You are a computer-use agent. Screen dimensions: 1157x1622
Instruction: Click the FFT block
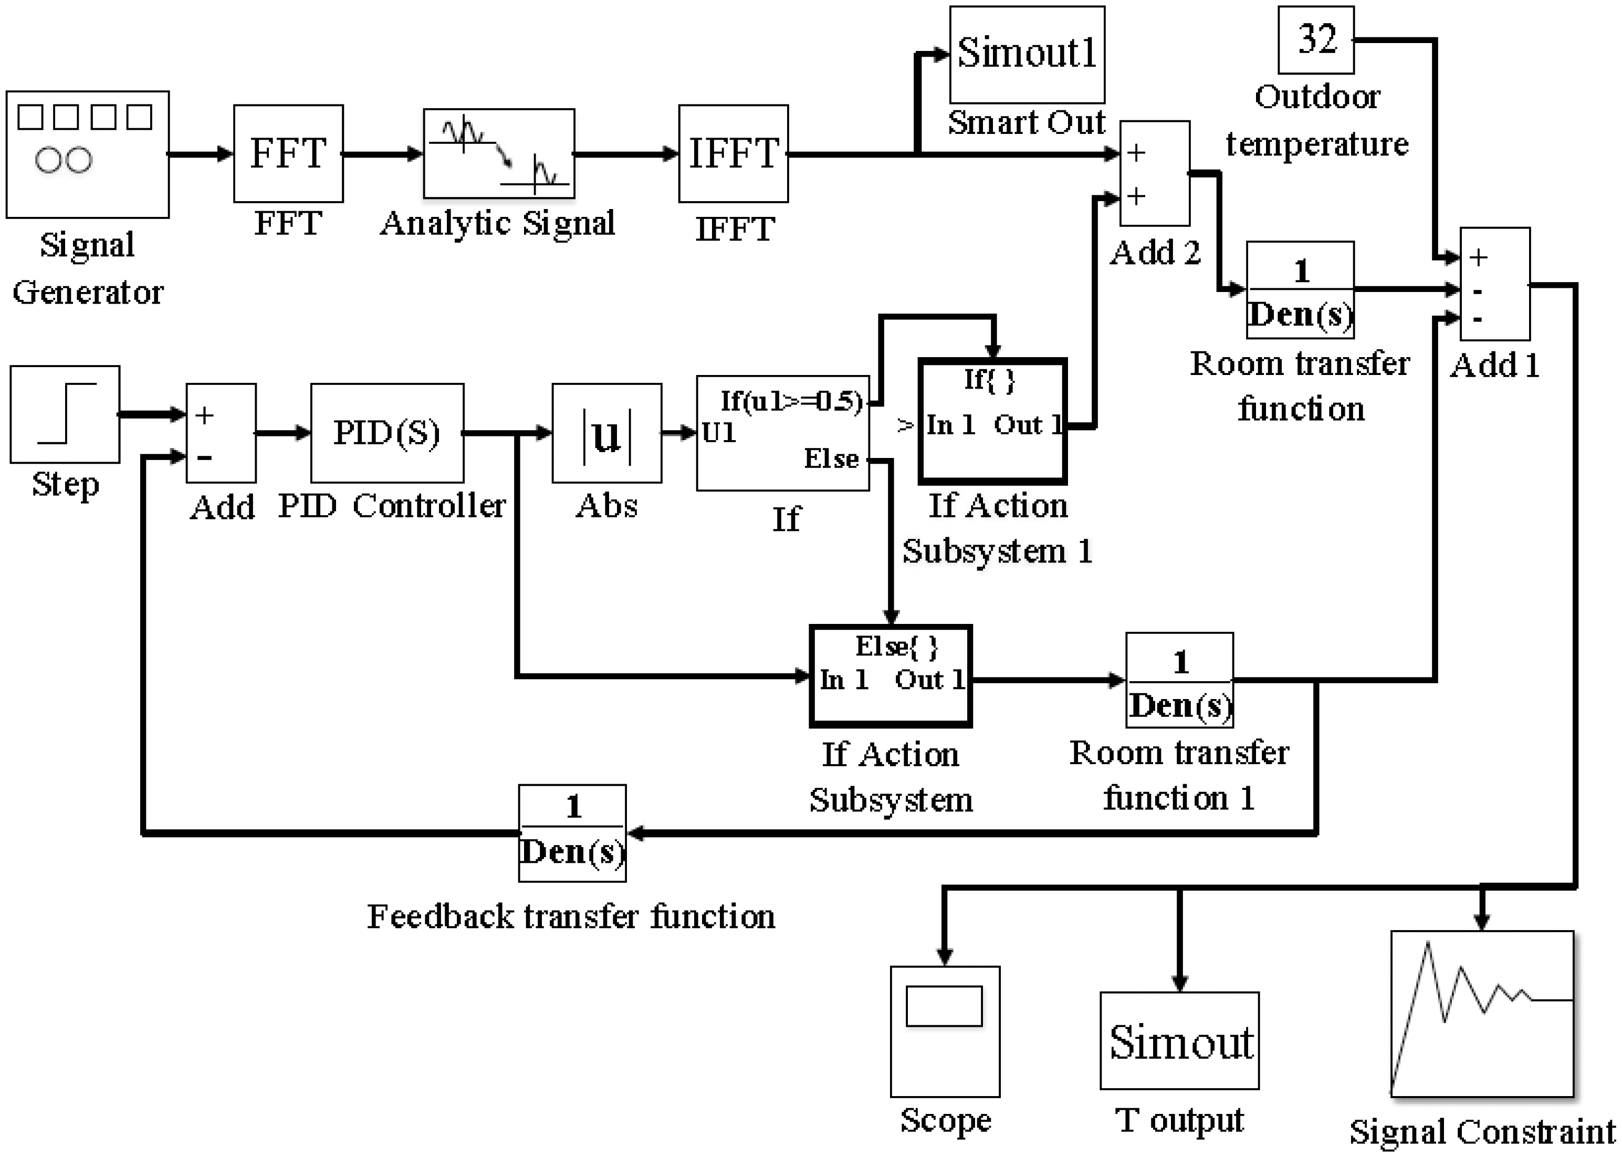point(288,153)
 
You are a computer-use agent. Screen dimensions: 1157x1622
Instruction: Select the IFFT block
point(733,153)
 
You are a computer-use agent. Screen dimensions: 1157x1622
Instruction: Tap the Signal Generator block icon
point(88,154)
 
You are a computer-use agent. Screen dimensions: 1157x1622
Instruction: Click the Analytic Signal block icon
point(499,153)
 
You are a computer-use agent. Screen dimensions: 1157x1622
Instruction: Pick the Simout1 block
point(1027,55)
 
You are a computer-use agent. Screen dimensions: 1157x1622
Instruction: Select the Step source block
point(65,414)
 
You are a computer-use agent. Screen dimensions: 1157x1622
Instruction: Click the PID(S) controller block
point(387,432)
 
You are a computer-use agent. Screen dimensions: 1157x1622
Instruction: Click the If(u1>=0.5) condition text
point(791,401)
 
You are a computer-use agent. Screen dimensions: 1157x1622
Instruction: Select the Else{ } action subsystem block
point(891,675)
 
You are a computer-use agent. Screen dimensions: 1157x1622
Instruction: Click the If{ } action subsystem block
point(992,420)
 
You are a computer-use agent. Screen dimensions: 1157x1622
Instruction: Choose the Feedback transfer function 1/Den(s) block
point(572,833)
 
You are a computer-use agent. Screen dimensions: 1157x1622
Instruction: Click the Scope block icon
point(945,1031)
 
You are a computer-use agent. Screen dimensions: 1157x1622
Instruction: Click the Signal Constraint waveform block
point(1482,1013)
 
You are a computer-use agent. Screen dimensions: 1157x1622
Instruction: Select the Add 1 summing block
point(1494,284)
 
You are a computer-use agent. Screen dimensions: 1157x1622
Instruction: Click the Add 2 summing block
point(1154,173)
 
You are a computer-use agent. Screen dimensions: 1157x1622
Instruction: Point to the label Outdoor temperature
point(1316,120)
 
